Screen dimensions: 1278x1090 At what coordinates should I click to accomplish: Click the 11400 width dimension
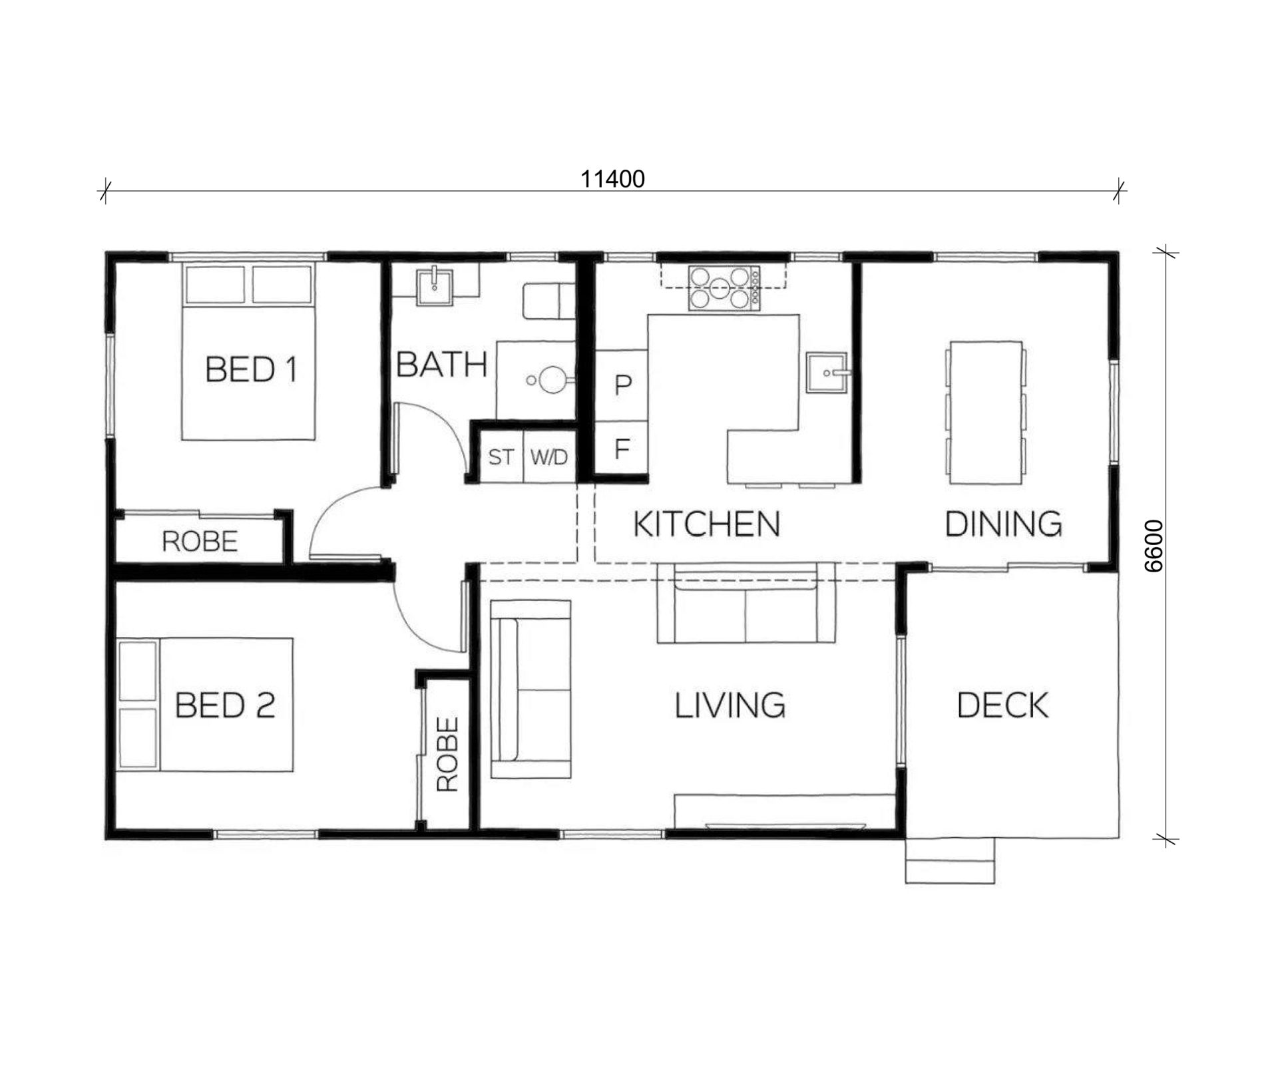coord(612,179)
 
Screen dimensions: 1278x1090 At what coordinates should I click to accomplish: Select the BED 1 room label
coord(251,369)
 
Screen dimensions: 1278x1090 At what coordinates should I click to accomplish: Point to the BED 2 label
coord(225,705)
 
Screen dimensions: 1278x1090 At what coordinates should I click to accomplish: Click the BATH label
coord(442,365)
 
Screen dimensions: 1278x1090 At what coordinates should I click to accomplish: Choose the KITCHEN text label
coord(706,524)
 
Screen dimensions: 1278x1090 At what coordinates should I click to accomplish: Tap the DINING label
coord(1003,524)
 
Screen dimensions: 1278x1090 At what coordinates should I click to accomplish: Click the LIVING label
coord(730,705)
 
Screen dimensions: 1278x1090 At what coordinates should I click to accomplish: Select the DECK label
coord(1002,705)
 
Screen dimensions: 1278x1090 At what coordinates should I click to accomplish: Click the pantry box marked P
coord(622,385)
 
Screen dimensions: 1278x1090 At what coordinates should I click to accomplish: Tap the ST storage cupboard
coord(502,456)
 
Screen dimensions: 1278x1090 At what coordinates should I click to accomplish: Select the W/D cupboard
coord(549,456)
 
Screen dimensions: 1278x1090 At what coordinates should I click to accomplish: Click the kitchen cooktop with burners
coord(724,287)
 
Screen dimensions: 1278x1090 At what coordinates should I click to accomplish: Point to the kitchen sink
coord(827,373)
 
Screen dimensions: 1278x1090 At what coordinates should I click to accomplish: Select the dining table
coord(986,413)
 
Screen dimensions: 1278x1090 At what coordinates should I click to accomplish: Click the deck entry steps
coord(950,860)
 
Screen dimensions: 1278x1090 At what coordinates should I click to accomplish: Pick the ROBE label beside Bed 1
coord(200,542)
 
